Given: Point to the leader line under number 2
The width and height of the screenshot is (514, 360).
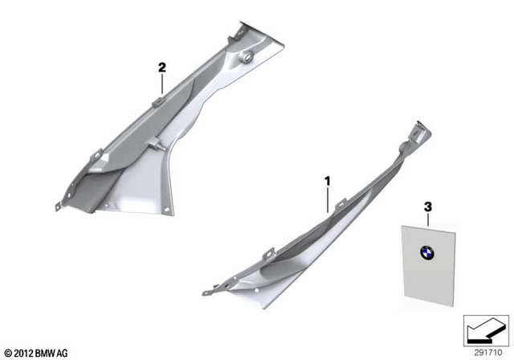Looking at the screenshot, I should pyautogui.click(x=161, y=85).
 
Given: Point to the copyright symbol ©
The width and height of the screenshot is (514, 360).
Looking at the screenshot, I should pyautogui.click(x=8, y=352).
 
